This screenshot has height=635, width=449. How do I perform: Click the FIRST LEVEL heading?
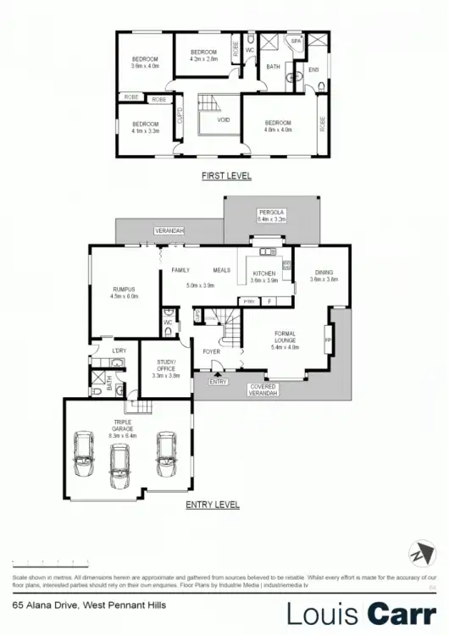(226, 176)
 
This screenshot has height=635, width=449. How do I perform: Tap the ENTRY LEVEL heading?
(212, 505)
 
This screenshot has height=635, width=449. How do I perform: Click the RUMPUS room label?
(123, 290)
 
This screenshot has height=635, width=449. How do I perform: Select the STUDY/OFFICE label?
(165, 367)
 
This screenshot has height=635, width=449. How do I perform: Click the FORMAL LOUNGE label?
(284, 338)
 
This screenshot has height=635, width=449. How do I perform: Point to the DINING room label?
(324, 273)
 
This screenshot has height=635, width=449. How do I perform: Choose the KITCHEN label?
(264, 273)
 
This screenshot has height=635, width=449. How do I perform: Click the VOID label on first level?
(224, 119)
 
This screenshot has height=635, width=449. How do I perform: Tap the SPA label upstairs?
(296, 40)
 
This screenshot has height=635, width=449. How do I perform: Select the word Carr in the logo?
(403, 612)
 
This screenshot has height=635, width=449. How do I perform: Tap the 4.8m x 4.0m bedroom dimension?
(278, 130)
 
